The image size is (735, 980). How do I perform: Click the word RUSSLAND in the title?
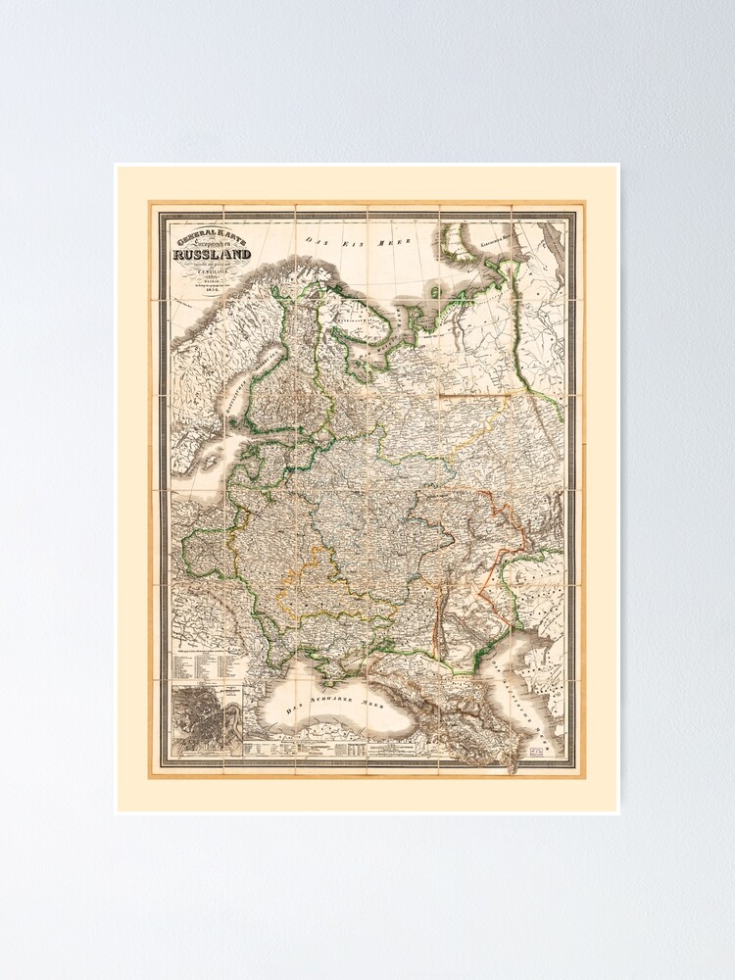point(211,256)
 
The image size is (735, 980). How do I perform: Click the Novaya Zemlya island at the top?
point(461,245)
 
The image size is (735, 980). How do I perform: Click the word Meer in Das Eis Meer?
point(394,240)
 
